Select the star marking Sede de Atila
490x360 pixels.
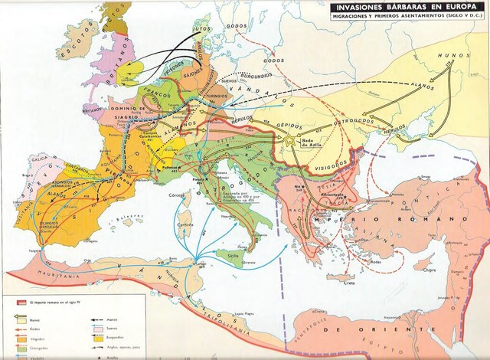290,139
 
